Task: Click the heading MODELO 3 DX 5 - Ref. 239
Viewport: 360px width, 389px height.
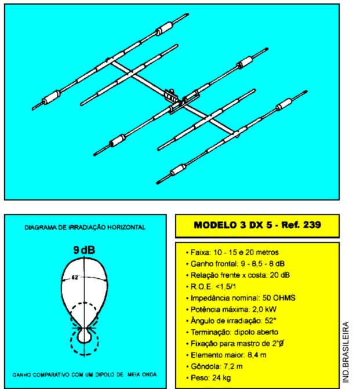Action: point(257,225)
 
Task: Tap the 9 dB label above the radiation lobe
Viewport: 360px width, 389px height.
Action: point(84,250)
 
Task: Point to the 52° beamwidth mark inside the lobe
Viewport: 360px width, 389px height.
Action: point(75,278)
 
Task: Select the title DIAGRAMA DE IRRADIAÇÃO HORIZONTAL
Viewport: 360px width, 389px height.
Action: point(85,227)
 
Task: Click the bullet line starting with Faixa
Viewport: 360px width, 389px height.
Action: point(232,252)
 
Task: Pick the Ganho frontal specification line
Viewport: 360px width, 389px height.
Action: point(235,264)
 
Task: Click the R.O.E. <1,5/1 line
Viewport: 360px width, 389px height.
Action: point(211,286)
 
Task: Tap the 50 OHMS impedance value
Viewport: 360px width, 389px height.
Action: point(279,298)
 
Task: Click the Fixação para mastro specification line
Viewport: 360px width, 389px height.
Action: point(235,344)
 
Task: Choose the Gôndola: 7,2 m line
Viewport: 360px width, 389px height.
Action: point(214,366)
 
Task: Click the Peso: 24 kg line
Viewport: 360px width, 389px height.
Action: point(209,378)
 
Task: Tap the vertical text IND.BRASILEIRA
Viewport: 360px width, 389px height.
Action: point(346,352)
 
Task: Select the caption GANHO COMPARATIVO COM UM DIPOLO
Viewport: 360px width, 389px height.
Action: point(68,375)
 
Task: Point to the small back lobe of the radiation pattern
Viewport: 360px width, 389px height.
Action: point(85,336)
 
